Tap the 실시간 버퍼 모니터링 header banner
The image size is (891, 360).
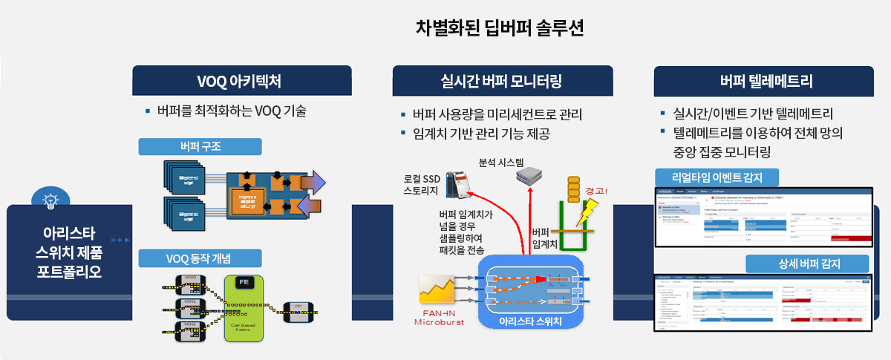tap(502, 79)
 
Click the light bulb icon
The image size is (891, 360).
tap(50, 199)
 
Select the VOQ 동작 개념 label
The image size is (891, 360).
tap(200, 258)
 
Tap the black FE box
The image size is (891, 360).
tap(243, 282)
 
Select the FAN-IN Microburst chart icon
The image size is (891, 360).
tap(438, 289)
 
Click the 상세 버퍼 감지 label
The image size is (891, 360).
tap(806, 264)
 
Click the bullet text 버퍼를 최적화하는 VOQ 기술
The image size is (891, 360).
tap(231, 112)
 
